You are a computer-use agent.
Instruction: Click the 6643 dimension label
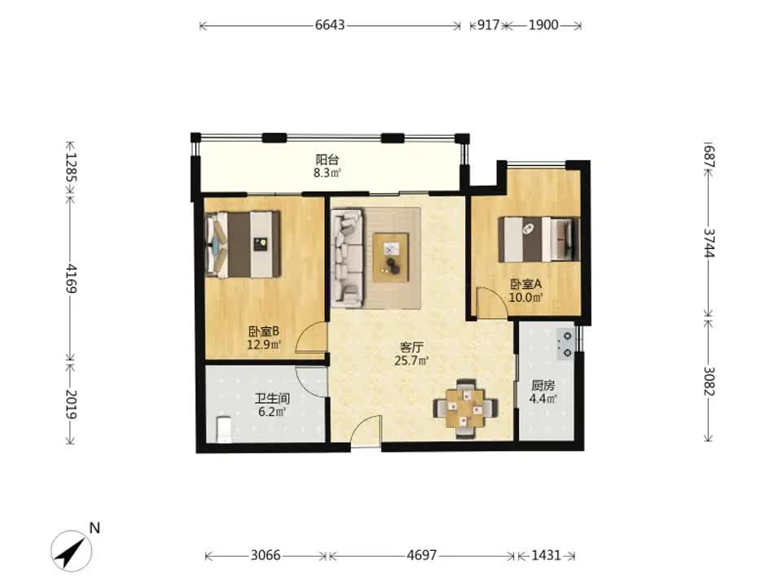tap(330, 25)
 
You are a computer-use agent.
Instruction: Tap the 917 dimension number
tap(488, 25)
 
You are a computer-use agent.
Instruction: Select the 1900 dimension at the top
tap(543, 25)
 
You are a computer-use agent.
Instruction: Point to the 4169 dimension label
tap(71, 278)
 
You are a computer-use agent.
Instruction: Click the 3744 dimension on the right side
tap(710, 243)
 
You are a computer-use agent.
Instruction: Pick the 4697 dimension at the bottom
tap(421, 555)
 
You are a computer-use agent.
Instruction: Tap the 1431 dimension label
tap(546, 555)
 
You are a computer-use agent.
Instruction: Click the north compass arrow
tap(71, 551)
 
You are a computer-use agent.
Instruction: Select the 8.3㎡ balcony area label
tap(327, 173)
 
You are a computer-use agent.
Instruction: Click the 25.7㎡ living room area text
tap(411, 361)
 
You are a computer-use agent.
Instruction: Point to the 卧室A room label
tap(525, 284)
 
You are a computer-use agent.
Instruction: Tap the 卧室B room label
tap(264, 331)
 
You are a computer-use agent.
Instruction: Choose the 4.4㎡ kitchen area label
tap(543, 399)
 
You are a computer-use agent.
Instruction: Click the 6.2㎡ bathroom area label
tap(272, 412)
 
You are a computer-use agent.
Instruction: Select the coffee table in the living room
tap(391, 254)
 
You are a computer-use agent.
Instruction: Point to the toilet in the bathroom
tap(225, 429)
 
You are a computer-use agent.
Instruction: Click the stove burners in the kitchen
tap(567, 344)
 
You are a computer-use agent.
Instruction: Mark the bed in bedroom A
tap(539, 239)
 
